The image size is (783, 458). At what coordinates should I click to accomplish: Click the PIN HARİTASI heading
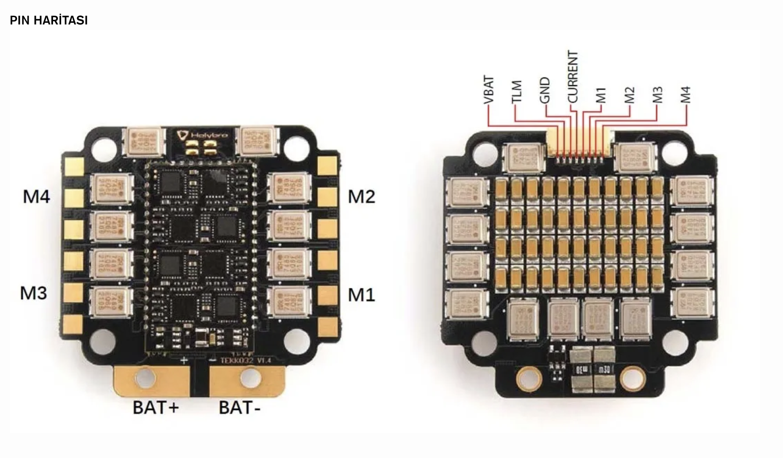(49, 20)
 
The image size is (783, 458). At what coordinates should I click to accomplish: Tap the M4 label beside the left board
(36, 196)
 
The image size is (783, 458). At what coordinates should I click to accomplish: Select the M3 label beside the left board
(33, 293)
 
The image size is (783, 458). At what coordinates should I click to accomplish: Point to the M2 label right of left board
(361, 197)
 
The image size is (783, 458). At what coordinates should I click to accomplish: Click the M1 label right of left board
(361, 295)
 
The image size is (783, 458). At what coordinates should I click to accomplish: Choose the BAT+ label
(156, 407)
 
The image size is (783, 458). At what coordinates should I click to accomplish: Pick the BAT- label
(239, 407)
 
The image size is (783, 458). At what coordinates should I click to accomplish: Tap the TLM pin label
(516, 92)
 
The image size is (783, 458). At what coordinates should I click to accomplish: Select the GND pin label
(545, 90)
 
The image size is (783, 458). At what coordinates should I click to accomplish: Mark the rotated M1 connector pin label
(601, 95)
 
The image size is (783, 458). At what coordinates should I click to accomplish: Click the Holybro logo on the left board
(202, 134)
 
